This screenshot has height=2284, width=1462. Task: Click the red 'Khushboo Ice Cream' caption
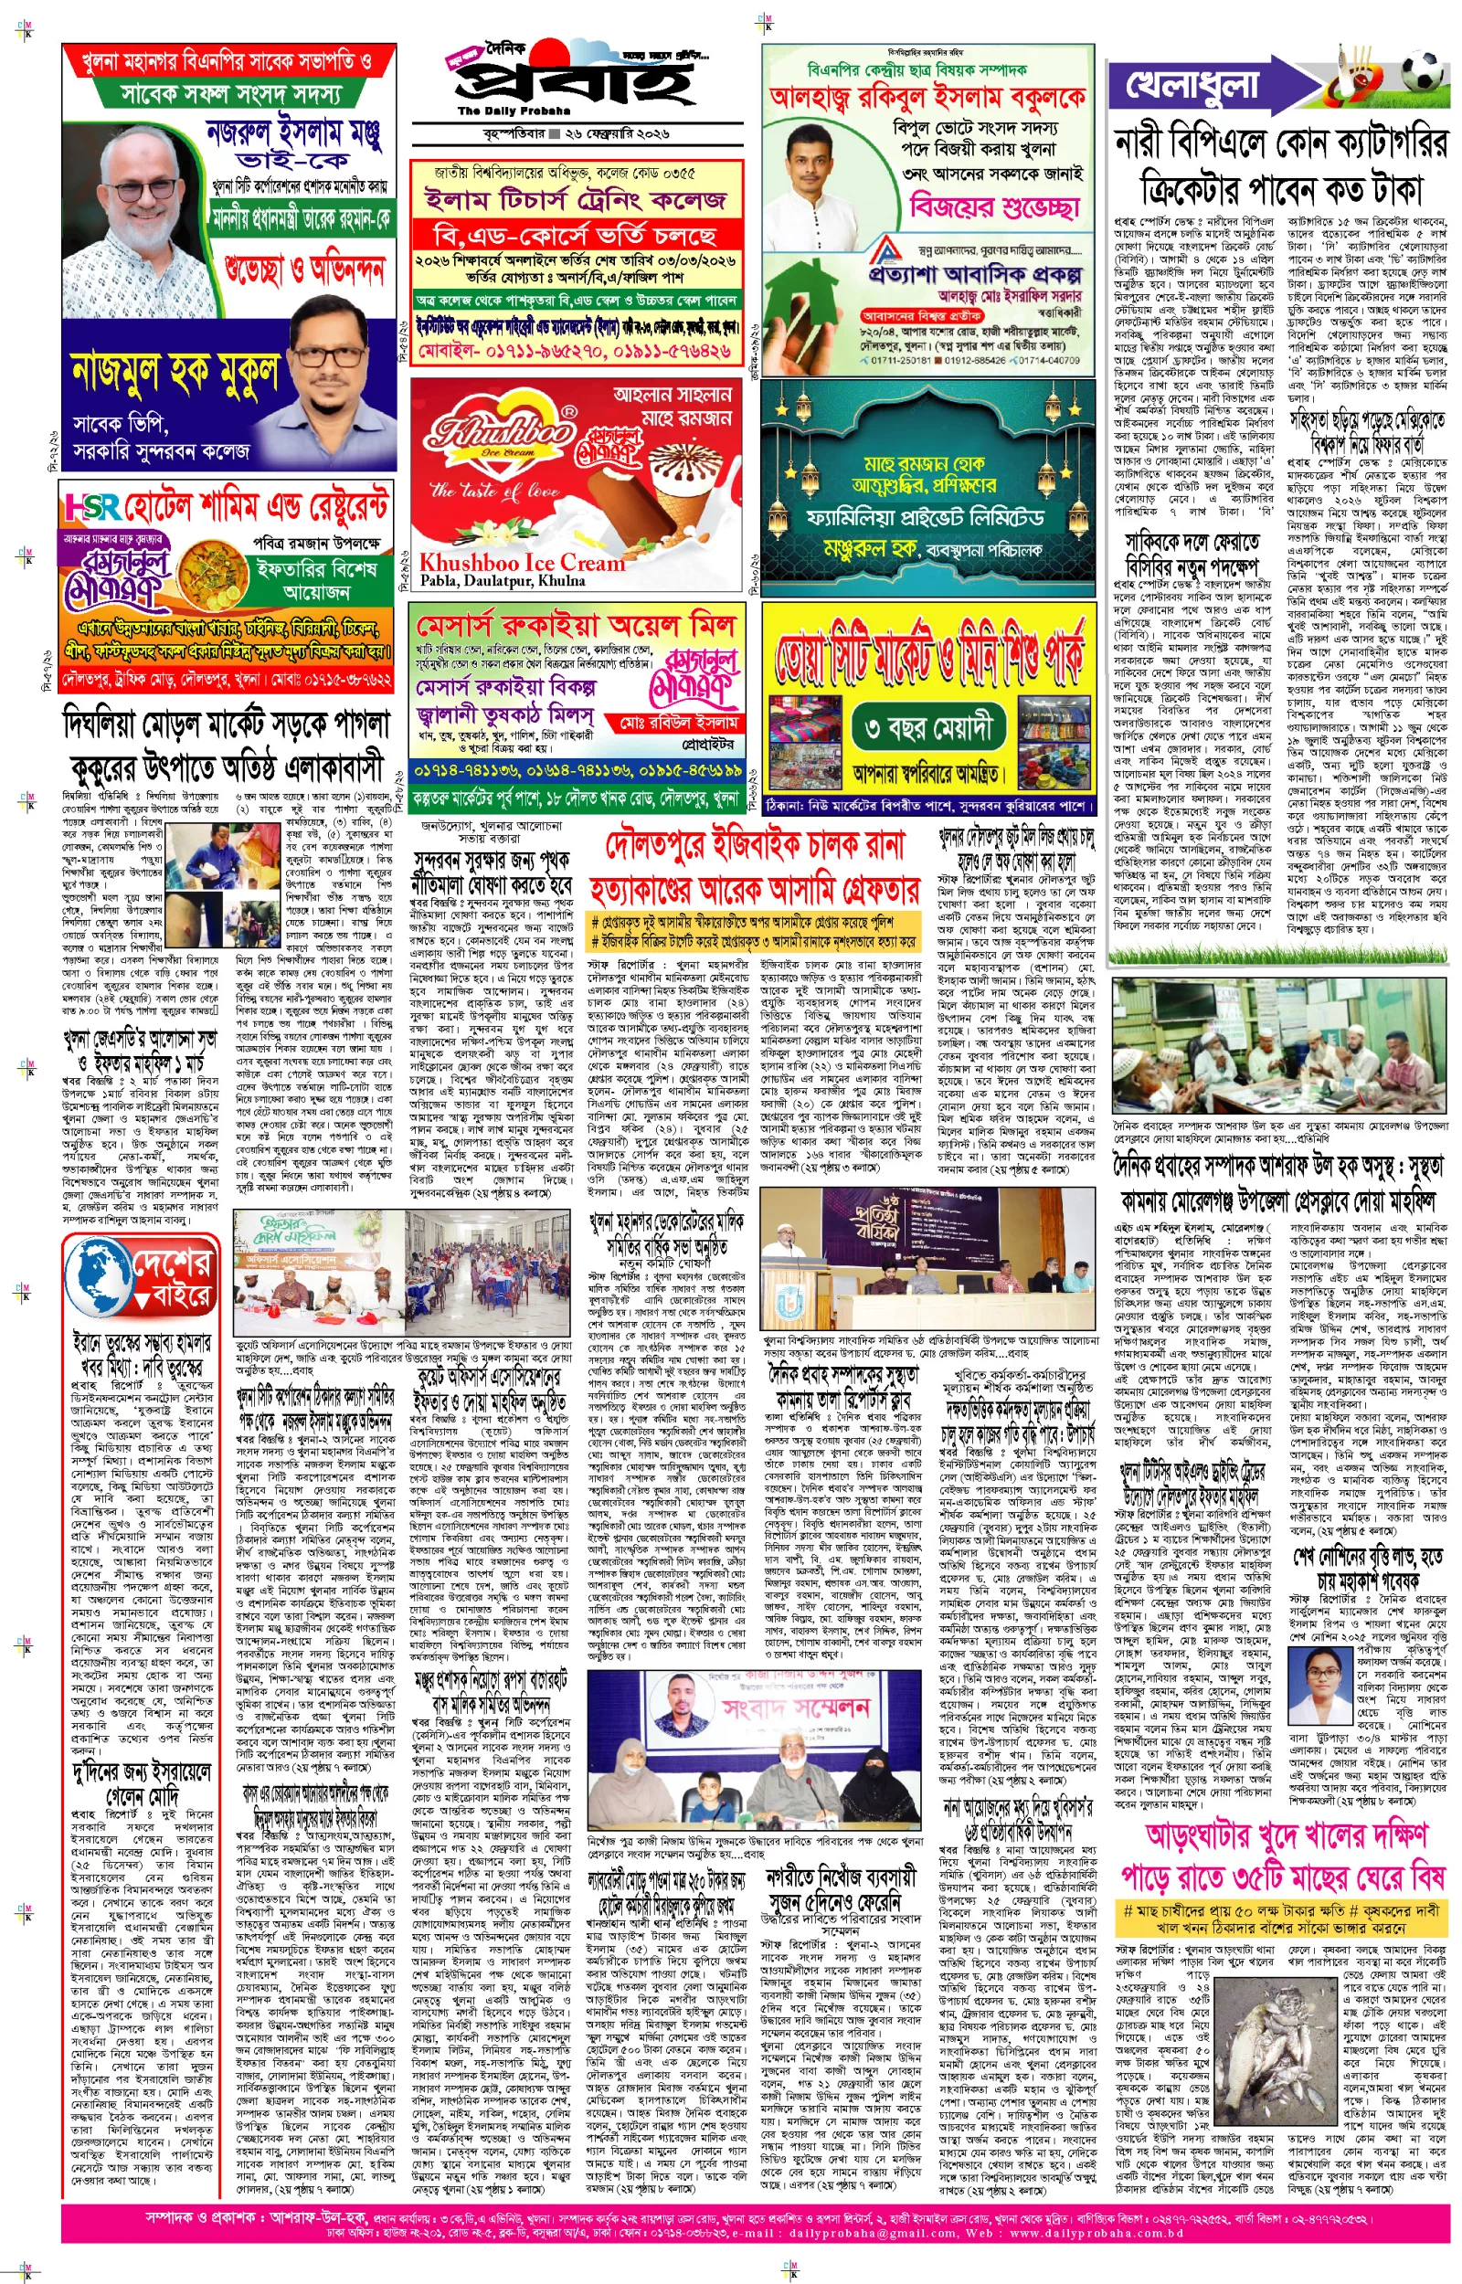522,562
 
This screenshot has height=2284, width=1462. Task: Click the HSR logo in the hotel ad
91,507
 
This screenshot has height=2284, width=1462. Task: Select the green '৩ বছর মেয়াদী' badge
929,729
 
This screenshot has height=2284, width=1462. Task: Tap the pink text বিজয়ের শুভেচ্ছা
994,206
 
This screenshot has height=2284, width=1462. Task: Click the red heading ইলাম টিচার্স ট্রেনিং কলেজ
576,200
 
